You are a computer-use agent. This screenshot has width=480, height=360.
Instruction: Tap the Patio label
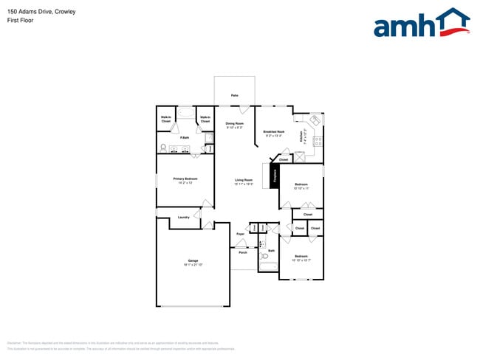click(234, 96)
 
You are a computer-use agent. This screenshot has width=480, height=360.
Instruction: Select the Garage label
click(193, 262)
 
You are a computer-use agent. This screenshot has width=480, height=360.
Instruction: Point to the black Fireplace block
click(274, 176)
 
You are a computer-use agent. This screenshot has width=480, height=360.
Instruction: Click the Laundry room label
click(184, 218)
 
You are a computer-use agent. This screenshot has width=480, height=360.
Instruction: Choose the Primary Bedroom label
click(185, 180)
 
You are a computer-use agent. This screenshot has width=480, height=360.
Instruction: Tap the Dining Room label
click(234, 125)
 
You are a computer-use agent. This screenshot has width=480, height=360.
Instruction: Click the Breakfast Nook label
click(273, 134)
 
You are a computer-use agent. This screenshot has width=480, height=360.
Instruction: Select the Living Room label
click(244, 181)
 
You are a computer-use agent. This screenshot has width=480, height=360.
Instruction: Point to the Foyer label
click(240, 234)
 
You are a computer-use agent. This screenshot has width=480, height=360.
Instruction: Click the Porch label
click(242, 252)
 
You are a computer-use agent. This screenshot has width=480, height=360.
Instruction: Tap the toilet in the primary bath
click(162, 148)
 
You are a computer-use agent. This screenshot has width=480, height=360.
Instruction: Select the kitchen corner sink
click(315, 120)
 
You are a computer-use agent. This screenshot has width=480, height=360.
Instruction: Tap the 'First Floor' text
click(20, 21)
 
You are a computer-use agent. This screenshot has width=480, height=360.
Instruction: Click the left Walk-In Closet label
click(166, 119)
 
